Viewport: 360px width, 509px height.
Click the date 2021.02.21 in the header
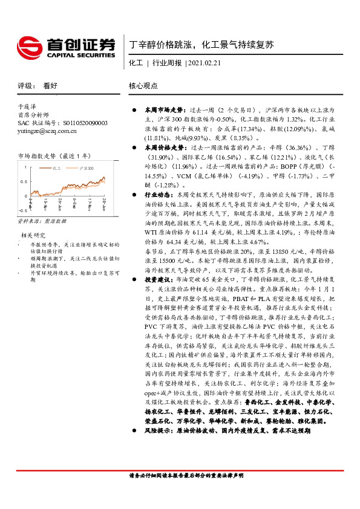(x=203, y=63)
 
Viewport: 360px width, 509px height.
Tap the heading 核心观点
(x=143, y=86)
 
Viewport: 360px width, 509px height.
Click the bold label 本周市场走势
(x=158, y=111)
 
